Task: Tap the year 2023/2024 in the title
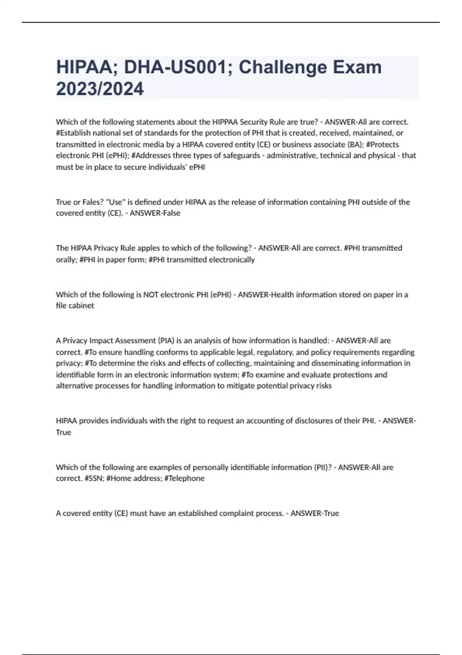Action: click(x=100, y=89)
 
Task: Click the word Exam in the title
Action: click(x=357, y=67)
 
